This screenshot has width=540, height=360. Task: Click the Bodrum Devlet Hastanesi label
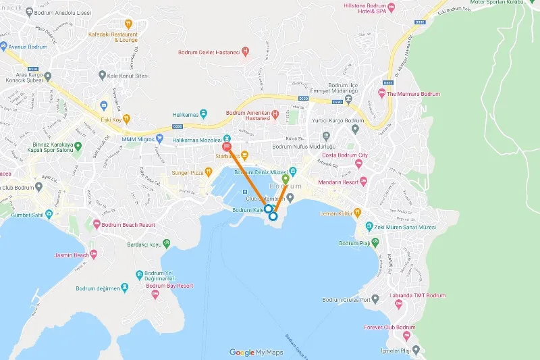[209, 52]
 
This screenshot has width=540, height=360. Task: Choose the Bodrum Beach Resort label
[130, 225]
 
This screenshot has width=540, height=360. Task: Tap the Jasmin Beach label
[72, 255]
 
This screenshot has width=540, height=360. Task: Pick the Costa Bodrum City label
[345, 155]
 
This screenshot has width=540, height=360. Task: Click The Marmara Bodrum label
[413, 94]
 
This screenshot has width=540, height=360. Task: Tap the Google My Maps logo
[256, 352]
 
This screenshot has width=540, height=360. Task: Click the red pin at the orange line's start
[227, 145]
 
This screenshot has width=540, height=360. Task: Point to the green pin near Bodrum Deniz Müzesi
[286, 180]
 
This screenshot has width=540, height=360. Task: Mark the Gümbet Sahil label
[32, 215]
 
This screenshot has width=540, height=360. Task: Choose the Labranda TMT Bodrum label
[418, 296]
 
